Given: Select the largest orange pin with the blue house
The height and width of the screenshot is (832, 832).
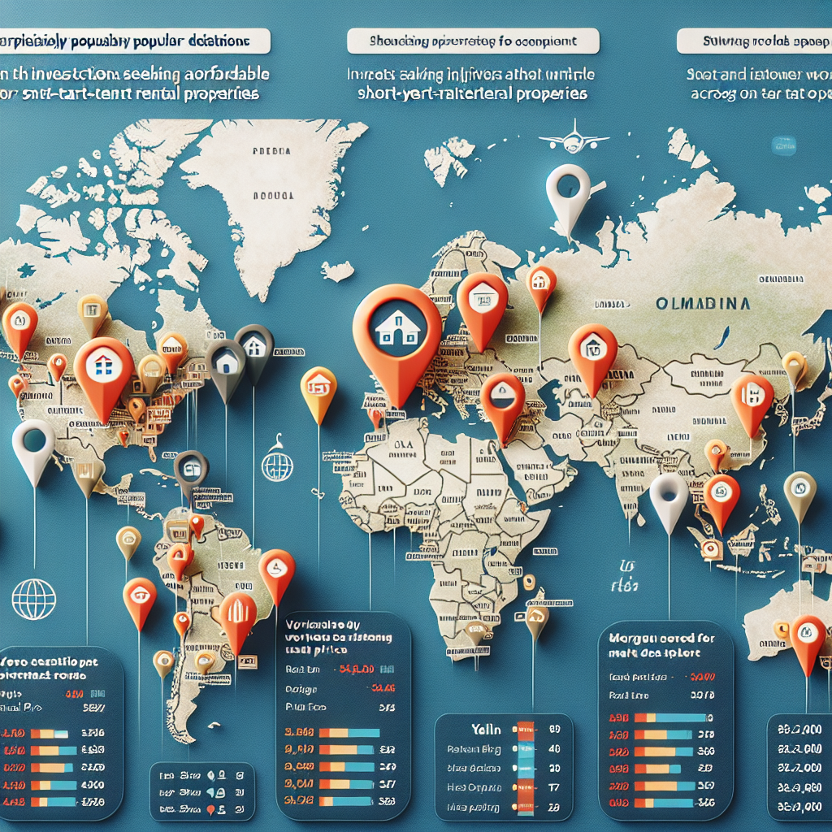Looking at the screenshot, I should pyautogui.click(x=397, y=332).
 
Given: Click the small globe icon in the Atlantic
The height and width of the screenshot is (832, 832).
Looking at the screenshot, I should pyautogui.click(x=276, y=466).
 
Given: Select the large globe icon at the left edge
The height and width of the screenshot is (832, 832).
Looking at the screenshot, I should pyautogui.click(x=34, y=598).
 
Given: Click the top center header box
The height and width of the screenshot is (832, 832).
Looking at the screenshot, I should pyautogui.click(x=472, y=41).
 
